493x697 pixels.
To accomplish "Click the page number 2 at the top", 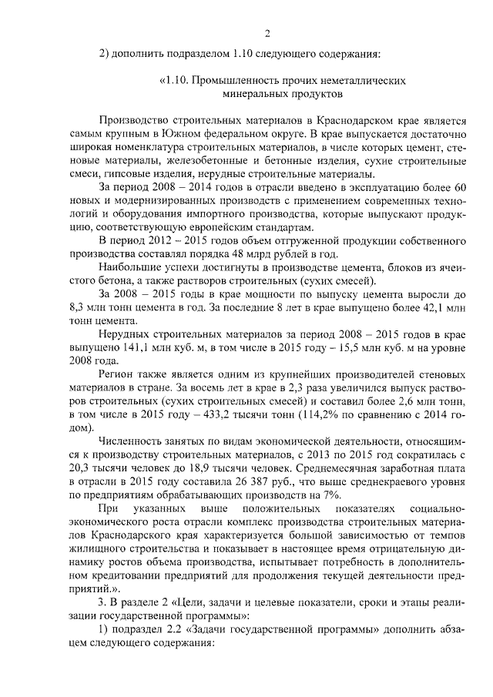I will tap(267, 33).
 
